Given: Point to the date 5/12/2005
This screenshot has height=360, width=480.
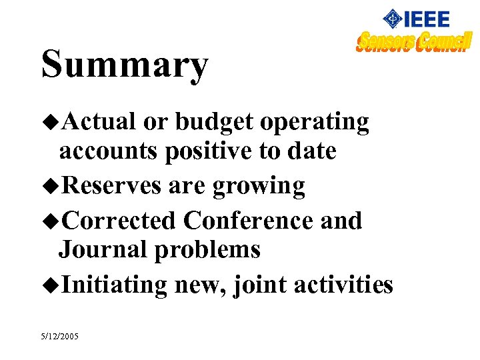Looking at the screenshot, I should coord(59,337).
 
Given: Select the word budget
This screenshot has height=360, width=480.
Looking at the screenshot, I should coord(214,123).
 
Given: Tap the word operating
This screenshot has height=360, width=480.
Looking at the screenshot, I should coord(315,123).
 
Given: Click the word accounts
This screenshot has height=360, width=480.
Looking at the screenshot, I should coord(109,152).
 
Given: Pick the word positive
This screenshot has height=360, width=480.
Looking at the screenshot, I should coord(209,152).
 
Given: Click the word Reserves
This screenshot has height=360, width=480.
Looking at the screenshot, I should coord(111,185).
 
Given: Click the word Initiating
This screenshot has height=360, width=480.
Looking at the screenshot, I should coord(113,285).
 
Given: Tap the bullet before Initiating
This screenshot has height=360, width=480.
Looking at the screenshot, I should coord(50,285).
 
